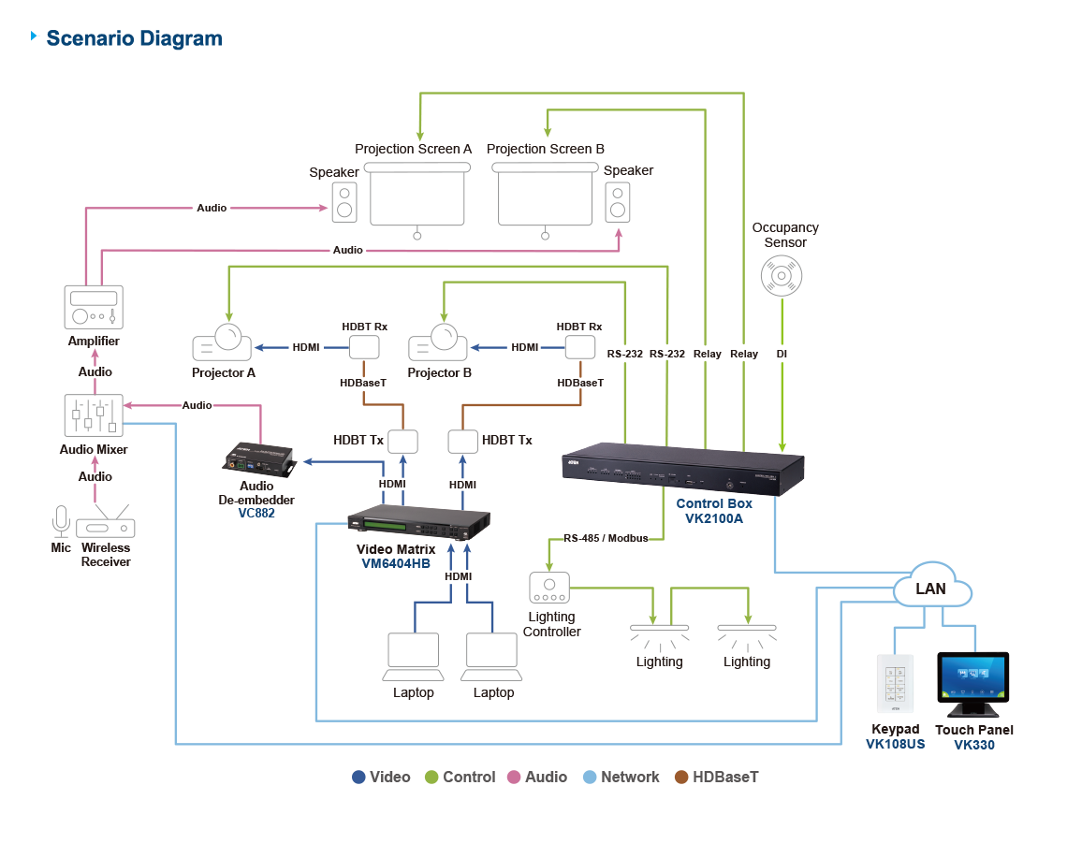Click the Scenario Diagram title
tap(134, 39)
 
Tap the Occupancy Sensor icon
tap(780, 276)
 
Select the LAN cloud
tap(931, 589)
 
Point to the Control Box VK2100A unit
tap(683, 468)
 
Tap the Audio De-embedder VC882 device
tap(259, 458)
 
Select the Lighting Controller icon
tap(550, 588)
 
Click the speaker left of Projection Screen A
tap(344, 201)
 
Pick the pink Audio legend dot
tap(514, 778)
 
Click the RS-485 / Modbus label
tap(606, 539)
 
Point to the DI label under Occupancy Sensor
tap(782, 355)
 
